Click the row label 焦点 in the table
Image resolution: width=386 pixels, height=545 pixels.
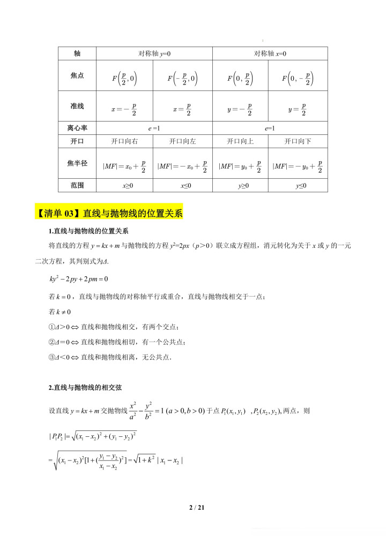[77, 75]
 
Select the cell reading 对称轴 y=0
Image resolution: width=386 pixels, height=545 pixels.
[154, 54]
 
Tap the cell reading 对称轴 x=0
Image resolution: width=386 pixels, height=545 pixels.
[270, 54]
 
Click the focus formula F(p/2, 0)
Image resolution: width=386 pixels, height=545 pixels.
[124, 79]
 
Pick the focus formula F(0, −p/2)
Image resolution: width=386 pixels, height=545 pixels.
[298, 79]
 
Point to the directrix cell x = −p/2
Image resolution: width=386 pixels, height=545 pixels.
[124, 109]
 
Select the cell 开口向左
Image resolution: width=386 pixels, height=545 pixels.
[182, 141]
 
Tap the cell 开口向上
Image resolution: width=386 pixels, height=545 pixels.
[240, 141]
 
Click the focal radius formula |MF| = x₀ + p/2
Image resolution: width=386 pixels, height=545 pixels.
[124, 166]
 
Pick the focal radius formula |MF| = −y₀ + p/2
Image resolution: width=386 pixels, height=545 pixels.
[298, 166]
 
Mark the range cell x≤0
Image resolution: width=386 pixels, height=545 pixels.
[182, 185]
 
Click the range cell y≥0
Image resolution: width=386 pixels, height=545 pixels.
[240, 185]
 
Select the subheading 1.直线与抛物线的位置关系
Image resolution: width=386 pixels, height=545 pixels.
[88, 231]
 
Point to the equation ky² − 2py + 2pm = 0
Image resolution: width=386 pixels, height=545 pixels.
[78, 279]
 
